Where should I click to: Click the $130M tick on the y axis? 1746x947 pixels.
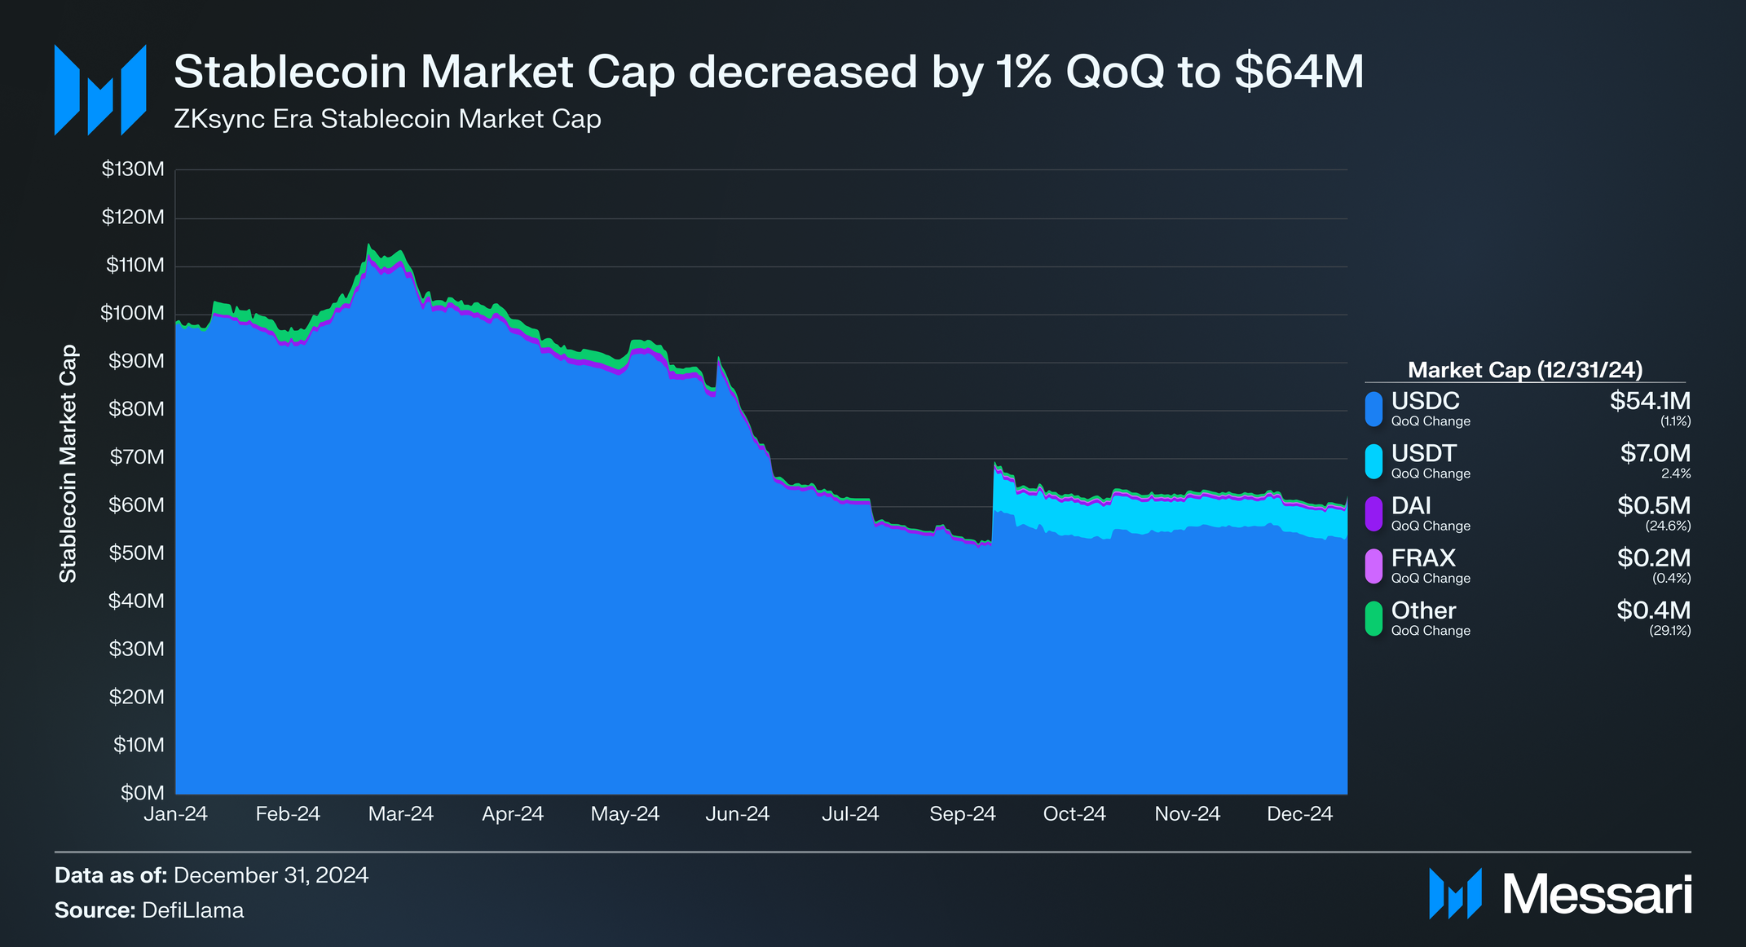(x=133, y=170)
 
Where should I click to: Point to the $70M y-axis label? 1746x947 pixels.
(x=137, y=457)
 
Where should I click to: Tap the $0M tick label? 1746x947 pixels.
(x=143, y=793)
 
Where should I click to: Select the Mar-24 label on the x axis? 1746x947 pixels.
(x=400, y=814)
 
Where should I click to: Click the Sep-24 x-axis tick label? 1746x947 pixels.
(x=962, y=814)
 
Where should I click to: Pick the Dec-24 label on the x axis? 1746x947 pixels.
(x=1299, y=814)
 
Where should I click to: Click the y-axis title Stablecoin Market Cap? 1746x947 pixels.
(x=68, y=463)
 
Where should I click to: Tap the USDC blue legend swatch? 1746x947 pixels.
(x=1373, y=409)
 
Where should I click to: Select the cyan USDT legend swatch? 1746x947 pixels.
(x=1373, y=461)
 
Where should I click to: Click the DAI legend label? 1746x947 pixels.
(x=1411, y=506)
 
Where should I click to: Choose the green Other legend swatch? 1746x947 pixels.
(x=1373, y=619)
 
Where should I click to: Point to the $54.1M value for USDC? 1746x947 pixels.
(x=1650, y=401)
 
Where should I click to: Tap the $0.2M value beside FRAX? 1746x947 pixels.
(x=1653, y=558)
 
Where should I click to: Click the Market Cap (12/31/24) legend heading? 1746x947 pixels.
(x=1524, y=370)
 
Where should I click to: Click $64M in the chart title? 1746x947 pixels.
(x=1298, y=72)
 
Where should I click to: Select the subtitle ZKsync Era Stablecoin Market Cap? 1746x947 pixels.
(x=387, y=119)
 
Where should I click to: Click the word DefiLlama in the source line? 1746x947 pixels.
(x=192, y=910)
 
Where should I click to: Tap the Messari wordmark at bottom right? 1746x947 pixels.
(x=1597, y=895)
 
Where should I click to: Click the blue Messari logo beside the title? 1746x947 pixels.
(x=99, y=90)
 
